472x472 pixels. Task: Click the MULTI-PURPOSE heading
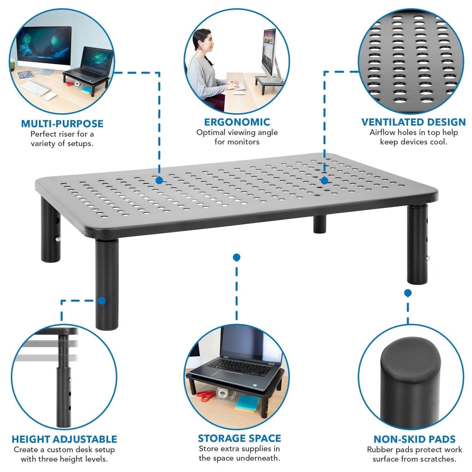pyautogui.click(x=62, y=124)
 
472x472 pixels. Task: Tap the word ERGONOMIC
pyautogui.click(x=237, y=122)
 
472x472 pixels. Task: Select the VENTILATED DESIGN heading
pyautogui.click(x=413, y=122)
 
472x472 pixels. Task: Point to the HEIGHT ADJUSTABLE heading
pyautogui.click(x=64, y=439)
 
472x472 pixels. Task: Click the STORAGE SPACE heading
pyautogui.click(x=239, y=438)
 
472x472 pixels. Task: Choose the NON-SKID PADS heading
pyautogui.click(x=414, y=439)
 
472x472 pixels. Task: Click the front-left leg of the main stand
pyautogui.click(x=107, y=283)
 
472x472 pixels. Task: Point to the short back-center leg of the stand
pyautogui.click(x=319, y=224)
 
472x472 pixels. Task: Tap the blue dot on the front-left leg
pyautogui.click(x=102, y=301)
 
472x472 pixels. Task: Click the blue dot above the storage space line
pyautogui.click(x=236, y=258)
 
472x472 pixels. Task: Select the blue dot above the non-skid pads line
pyautogui.click(x=408, y=293)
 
